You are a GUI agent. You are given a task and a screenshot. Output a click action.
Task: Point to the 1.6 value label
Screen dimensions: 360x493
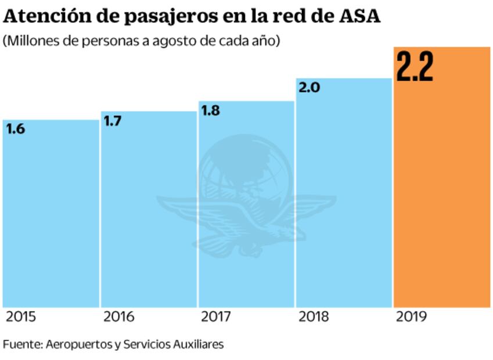[x=16, y=129]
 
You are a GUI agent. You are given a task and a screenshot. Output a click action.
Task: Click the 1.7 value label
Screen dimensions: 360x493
[x=113, y=121]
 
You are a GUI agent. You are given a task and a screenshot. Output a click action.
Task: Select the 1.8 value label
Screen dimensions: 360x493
[x=210, y=110]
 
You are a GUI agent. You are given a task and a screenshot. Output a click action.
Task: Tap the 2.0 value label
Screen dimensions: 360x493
[x=310, y=88]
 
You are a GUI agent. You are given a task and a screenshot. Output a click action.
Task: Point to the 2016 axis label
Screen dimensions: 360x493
[x=118, y=317]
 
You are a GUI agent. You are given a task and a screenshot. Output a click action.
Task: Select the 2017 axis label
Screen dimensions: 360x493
[x=216, y=317]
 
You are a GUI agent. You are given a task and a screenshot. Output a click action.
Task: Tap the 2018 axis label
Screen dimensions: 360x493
[x=314, y=317]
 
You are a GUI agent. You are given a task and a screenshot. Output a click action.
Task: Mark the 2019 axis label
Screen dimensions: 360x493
[x=411, y=317]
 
